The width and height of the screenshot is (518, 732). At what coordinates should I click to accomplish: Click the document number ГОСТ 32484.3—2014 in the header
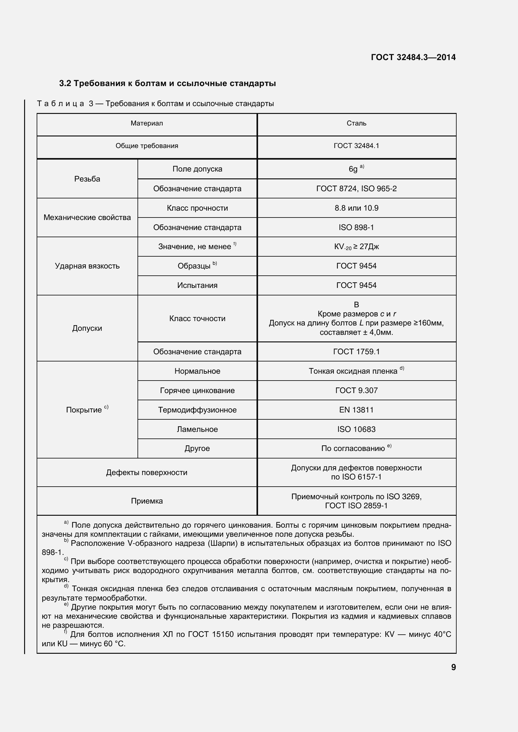pos(413,57)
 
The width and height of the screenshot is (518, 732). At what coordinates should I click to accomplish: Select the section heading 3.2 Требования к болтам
pos(168,84)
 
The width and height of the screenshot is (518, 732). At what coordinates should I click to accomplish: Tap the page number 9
pos(453,667)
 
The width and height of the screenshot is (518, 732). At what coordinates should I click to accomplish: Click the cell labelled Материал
pos(147,123)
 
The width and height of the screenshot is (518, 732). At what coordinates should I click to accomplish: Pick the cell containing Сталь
pos(356,123)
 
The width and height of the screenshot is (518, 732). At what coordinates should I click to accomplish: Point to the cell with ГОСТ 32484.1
pos(356,146)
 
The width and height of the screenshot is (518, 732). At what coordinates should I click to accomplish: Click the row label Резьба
pos(87,179)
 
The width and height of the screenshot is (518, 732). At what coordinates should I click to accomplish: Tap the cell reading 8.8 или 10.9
pos(356,208)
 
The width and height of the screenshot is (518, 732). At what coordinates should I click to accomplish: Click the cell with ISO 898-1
pos(356,227)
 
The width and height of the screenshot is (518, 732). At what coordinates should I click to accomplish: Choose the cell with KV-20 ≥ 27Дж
pos(356,247)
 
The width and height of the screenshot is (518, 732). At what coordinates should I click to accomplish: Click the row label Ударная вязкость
pos(87,266)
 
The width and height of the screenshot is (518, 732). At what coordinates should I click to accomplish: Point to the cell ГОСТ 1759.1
pos(356,352)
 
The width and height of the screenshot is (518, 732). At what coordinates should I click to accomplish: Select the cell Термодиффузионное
pos(197,410)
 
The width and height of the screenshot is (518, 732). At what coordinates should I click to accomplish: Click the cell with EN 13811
pos(356,410)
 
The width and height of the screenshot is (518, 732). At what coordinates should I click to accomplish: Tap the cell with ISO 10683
pos(356,429)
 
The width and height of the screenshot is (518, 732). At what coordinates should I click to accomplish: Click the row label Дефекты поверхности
pos(147,473)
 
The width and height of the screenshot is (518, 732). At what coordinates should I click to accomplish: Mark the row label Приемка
pos(147,501)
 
